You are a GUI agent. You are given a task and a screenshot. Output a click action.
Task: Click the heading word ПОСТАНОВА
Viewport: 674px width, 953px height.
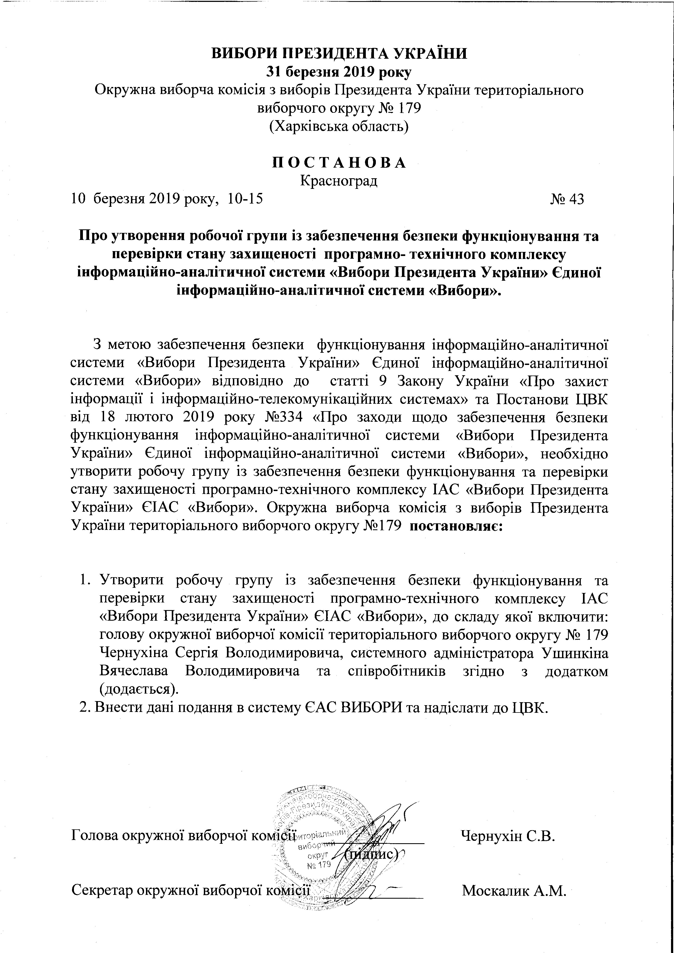pyautogui.click(x=339, y=163)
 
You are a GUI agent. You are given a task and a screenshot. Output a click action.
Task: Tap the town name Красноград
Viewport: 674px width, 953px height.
pyautogui.click(x=339, y=181)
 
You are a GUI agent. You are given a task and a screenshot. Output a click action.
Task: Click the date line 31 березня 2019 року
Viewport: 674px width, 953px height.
pyautogui.click(x=339, y=72)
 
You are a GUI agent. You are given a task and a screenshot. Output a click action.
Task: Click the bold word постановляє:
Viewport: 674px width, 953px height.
pyautogui.click(x=457, y=525)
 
